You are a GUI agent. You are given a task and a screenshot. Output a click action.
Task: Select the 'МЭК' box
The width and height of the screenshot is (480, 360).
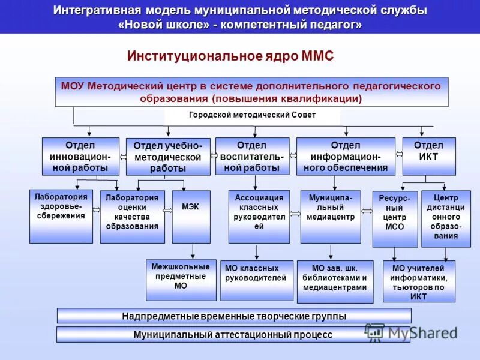tap(191, 217)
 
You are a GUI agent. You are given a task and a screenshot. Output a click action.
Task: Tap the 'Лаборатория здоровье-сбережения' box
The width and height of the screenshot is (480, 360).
tap(61, 216)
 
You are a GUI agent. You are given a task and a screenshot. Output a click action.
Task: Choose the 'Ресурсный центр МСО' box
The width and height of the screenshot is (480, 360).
tap(395, 219)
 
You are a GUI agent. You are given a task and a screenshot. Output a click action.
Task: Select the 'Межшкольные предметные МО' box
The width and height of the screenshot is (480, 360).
tap(181, 280)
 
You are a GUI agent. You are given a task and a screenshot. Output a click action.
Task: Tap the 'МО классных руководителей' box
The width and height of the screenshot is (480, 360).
tap(256, 280)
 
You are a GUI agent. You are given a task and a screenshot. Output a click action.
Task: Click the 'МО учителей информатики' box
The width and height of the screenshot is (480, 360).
tap(419, 281)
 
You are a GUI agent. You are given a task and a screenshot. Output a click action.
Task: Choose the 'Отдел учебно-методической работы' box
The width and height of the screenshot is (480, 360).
tap(168, 157)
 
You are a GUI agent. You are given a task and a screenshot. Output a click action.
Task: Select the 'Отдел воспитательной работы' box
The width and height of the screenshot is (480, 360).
tap(252, 156)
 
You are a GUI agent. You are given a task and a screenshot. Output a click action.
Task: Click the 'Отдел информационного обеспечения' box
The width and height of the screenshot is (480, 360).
tap(346, 156)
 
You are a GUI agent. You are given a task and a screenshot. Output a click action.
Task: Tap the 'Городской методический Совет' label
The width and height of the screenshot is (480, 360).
tap(252, 115)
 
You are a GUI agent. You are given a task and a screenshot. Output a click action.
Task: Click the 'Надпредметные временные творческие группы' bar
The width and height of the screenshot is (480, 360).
tap(234, 316)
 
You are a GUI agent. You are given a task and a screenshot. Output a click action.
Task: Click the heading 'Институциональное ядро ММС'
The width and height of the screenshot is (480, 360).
tap(230, 56)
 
